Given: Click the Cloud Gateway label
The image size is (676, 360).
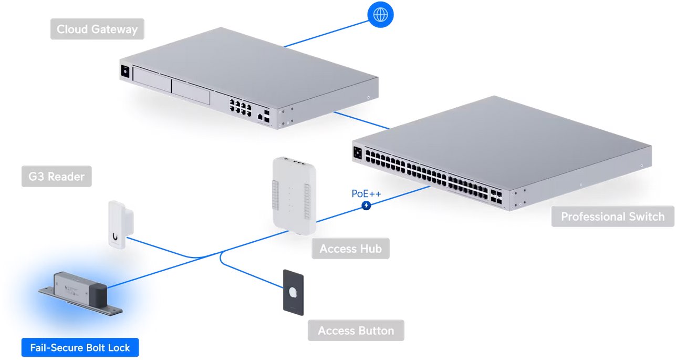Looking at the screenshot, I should pos(97,29).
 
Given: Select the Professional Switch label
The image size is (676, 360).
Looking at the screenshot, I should pos(612,217).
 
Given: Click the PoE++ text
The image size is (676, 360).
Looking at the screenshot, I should pos(366,194).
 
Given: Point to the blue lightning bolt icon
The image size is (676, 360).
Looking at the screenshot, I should pos(367,205).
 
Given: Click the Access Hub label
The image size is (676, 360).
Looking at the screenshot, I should pos(350,248).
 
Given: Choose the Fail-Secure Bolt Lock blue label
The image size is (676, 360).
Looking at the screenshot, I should pos(80,347).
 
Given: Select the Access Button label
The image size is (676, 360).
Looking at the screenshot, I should pos(356,331).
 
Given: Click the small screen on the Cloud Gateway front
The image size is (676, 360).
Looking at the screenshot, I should pos(126,72).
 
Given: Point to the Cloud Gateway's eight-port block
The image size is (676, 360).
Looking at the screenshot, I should pos(240,105).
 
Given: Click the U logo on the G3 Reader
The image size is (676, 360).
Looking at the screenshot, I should pos(115,237).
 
